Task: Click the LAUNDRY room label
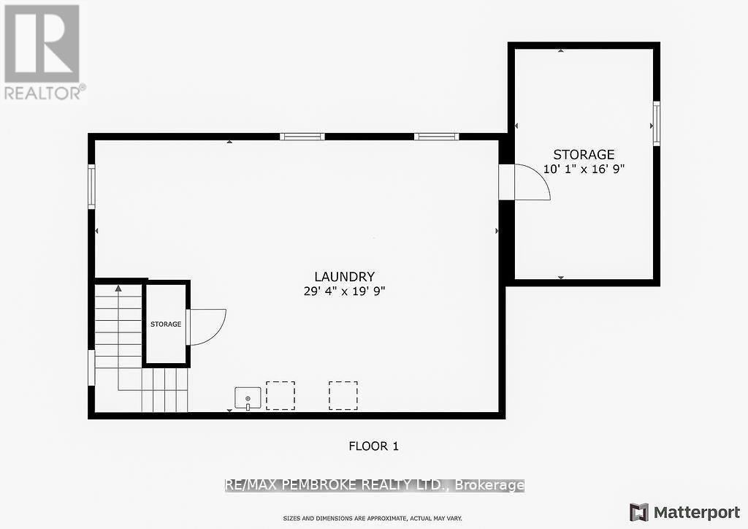[344, 277]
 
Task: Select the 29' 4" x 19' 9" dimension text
[344, 291]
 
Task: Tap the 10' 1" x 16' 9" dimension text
[584, 168]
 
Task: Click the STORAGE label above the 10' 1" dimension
[584, 154]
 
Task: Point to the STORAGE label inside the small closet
[166, 324]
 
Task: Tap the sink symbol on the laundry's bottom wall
[248, 398]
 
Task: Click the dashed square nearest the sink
[280, 395]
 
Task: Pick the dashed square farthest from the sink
[343, 395]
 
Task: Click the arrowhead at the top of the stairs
[117, 289]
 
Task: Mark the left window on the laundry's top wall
[302, 137]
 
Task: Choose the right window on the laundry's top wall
[436, 137]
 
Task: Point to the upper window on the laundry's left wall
[92, 187]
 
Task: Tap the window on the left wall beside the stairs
[91, 367]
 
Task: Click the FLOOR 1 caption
[373, 446]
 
